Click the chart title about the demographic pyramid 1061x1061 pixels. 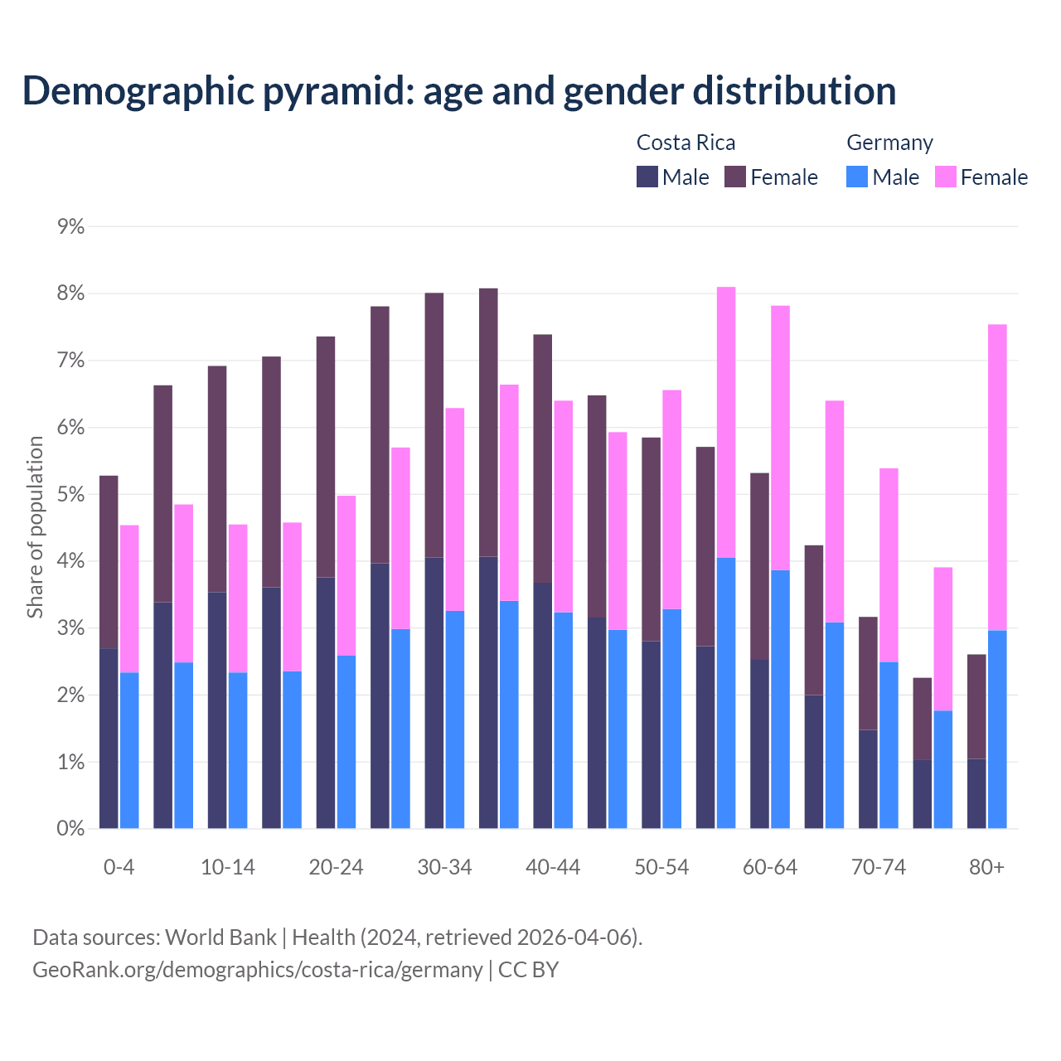coord(458,90)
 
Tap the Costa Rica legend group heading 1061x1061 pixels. coord(686,143)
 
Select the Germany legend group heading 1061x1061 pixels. coord(889,143)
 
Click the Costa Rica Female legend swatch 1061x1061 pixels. coord(735,177)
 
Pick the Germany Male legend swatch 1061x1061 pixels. coord(857,177)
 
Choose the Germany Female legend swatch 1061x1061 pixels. coord(945,177)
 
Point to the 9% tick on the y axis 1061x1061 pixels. coord(71,226)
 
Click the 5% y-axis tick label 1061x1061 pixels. coord(71,495)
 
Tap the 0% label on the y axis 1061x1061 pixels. coord(71,829)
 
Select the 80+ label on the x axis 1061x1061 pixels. coord(986,867)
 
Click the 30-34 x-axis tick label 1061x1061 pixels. coord(444,867)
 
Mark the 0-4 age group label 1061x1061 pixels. coord(119,867)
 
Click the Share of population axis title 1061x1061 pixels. coord(35,527)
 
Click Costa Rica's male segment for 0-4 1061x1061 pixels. coord(109,738)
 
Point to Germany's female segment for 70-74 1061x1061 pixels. coord(889,564)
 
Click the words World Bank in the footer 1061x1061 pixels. coord(220,937)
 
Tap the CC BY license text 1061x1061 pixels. coord(528,970)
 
